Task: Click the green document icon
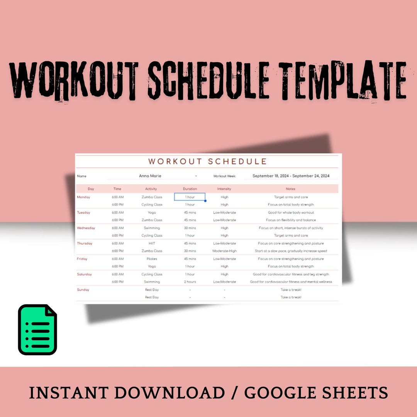(37, 329)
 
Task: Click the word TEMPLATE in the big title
(342, 80)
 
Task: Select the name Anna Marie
(150, 176)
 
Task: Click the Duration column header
(190, 189)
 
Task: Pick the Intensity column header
(224, 189)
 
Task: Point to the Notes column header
(290, 189)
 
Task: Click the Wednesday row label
(86, 228)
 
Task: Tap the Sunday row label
(83, 290)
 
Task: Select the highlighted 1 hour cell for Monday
(190, 197)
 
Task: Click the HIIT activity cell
(152, 243)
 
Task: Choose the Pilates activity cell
(152, 259)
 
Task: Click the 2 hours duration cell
(190, 281)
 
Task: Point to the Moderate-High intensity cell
(224, 251)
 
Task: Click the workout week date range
(291, 176)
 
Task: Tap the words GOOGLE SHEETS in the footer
(316, 393)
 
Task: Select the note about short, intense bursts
(291, 228)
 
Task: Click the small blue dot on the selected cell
(205, 201)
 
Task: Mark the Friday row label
(82, 259)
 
